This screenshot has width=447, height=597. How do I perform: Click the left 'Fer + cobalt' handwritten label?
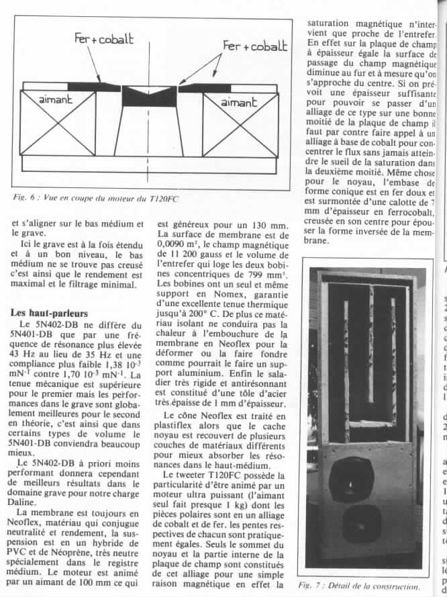coord(103,39)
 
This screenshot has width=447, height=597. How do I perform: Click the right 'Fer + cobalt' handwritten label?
coord(256,46)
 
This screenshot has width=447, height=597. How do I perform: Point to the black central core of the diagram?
coord(148,97)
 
